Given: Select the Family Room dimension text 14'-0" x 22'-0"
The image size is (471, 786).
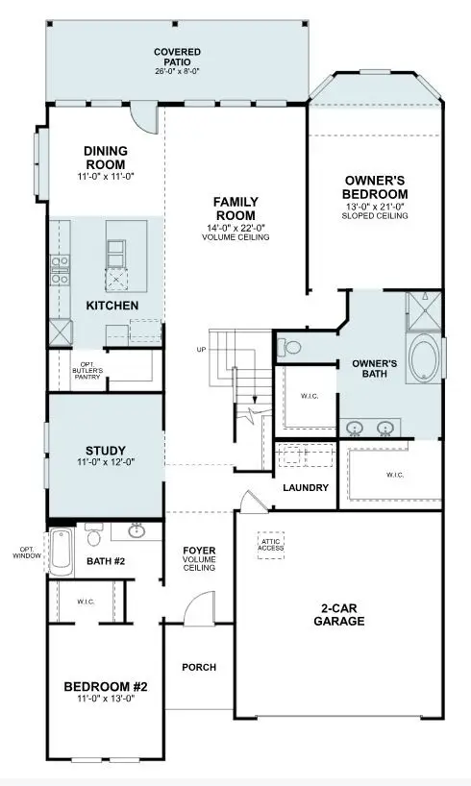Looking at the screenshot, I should pyautogui.click(x=235, y=228).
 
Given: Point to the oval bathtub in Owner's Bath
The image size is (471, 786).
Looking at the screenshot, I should pyautogui.click(x=422, y=359).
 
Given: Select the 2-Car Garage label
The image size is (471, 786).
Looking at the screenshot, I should pyautogui.click(x=339, y=614).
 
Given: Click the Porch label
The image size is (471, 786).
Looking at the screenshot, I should pyautogui.click(x=199, y=667).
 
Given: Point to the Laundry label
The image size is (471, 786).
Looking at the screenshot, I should pyautogui.click(x=306, y=488).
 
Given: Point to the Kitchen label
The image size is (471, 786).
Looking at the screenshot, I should pyautogui.click(x=112, y=306).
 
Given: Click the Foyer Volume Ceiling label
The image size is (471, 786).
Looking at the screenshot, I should pyautogui.click(x=199, y=559).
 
